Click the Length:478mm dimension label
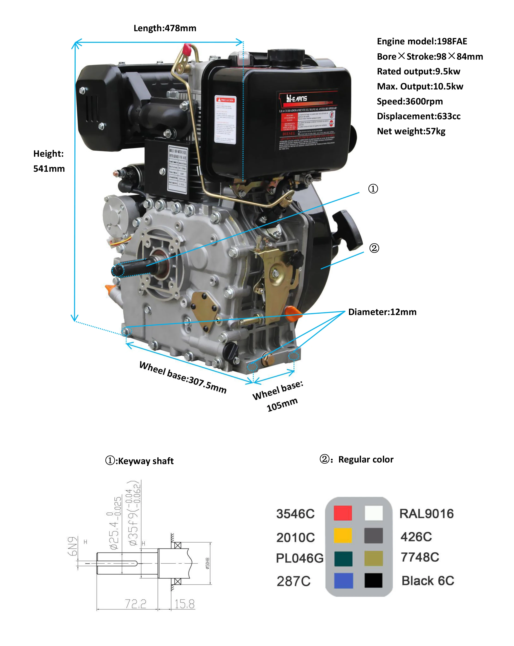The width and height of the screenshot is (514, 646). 165,28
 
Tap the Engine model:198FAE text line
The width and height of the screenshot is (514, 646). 422,41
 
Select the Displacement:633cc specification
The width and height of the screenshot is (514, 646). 419,116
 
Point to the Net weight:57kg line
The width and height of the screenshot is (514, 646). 411,131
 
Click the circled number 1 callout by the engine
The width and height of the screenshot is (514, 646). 373,189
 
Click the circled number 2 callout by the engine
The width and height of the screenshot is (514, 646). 374,248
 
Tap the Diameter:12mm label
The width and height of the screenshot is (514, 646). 382,312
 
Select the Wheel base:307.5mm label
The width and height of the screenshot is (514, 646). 183,377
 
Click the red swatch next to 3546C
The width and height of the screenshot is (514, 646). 343,513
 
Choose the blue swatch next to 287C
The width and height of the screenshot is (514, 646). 343,580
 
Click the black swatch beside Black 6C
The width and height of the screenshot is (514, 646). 373,580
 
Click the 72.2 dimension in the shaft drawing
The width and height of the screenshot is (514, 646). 135,604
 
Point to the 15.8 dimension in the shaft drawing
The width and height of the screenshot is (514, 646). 184,604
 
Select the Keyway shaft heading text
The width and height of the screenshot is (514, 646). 140,461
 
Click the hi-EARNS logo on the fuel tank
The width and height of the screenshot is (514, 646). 297,98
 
